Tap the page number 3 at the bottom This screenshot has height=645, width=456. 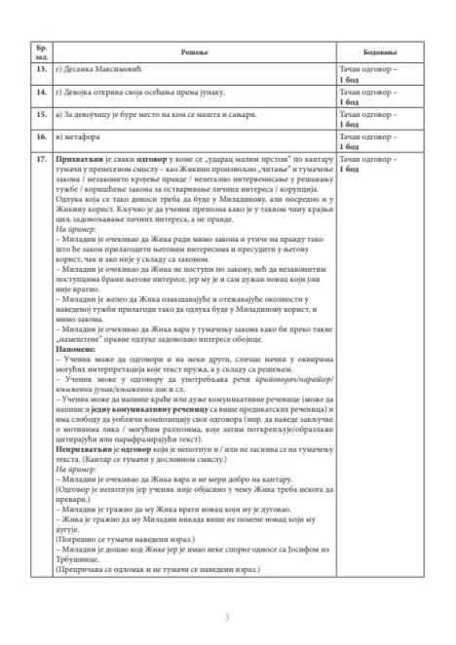227,618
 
